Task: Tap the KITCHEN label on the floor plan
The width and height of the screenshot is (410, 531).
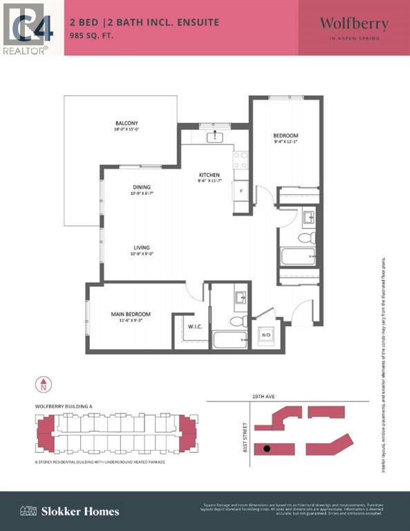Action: (x=209, y=175)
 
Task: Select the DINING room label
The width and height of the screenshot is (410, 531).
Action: (x=142, y=187)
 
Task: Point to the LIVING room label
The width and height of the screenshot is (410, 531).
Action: (x=142, y=248)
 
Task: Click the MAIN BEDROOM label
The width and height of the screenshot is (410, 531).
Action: (x=131, y=315)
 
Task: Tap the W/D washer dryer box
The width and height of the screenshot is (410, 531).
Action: (x=265, y=335)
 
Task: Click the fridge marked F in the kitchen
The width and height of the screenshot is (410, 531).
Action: (x=241, y=190)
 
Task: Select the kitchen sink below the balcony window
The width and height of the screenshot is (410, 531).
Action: (x=215, y=136)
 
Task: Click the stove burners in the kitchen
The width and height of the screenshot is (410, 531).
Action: (x=241, y=160)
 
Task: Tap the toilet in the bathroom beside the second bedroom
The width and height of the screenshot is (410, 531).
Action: (x=306, y=238)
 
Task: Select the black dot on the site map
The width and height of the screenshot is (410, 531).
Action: (x=267, y=449)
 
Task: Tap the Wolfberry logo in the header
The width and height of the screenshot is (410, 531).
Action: (x=353, y=27)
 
